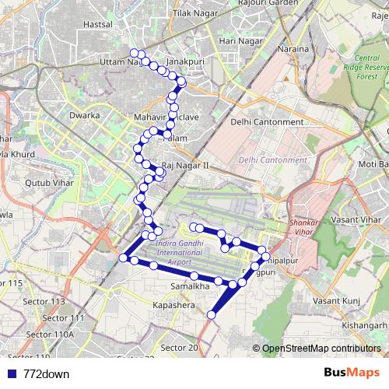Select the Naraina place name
coord(293,48)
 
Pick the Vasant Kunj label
coord(335,300)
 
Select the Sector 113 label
coord(48,301)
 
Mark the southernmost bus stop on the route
coord(212,314)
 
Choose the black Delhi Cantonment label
coord(267,122)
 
